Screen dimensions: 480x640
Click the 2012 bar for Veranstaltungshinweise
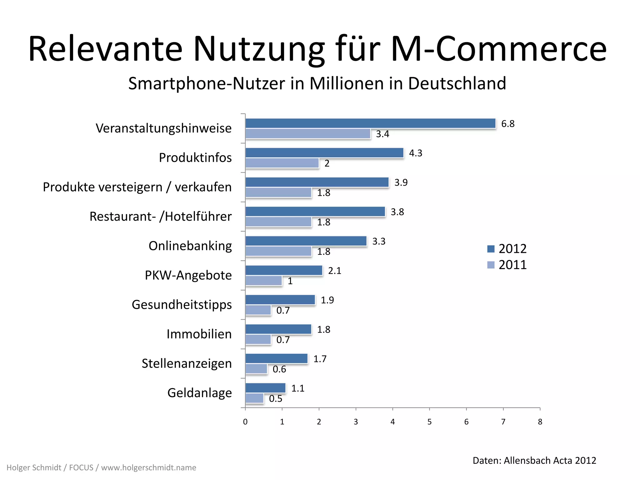click(370, 123)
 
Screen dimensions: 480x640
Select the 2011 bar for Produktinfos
click(282, 163)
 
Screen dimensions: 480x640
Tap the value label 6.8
click(507, 124)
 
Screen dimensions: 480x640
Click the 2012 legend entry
click(507, 249)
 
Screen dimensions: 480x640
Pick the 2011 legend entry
click(507, 265)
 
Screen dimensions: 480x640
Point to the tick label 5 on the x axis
click(429, 422)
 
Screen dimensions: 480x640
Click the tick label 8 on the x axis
click(540, 422)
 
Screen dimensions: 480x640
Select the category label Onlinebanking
click(190, 246)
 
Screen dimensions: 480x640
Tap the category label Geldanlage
click(199, 393)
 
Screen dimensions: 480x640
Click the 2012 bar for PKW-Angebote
click(284, 270)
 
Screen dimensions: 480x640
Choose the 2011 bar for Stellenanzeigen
click(256, 369)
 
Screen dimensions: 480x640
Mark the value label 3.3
click(379, 241)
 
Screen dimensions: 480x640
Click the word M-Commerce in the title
click(499, 49)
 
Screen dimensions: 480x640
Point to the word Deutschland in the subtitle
click(457, 83)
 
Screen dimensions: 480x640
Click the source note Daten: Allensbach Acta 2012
click(534, 460)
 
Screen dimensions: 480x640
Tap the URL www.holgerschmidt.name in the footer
click(148, 467)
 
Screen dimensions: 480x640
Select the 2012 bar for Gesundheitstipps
click(280, 300)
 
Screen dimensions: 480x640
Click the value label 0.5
click(275, 399)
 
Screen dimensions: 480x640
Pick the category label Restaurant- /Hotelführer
click(160, 217)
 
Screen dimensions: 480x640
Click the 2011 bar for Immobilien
click(258, 340)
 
